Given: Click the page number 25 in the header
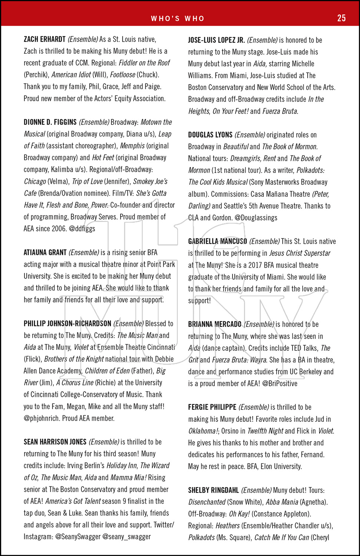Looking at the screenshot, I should coord(341,18).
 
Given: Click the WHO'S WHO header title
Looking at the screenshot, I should coord(178,19).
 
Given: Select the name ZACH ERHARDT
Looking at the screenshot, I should coord(44,39).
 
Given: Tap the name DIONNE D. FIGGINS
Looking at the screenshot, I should coord(50,122).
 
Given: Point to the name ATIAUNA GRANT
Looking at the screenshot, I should coord(45,253).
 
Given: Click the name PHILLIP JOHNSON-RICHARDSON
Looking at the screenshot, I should coord(67,324).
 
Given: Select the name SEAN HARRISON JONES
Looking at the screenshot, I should coord(55,442).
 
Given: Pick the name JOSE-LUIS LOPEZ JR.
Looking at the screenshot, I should coord(216,40).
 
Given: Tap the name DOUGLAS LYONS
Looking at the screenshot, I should coord(210,135).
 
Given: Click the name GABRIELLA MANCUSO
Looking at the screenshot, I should coord(217,241).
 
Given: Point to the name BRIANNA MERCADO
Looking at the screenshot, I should coord(215,324).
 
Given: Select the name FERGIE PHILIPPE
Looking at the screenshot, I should coord(212,407).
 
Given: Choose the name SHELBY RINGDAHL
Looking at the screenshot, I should coord(213,490).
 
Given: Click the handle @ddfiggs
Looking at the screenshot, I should coord(82,229).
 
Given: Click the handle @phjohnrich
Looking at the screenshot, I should coord(41,418).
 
